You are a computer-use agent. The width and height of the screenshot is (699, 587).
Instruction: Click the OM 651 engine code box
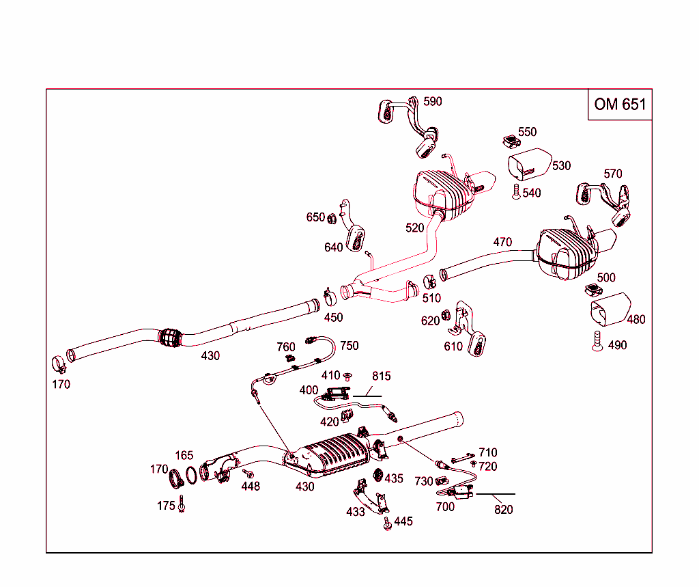point(619,104)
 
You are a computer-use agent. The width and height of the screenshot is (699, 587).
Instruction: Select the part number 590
point(432,102)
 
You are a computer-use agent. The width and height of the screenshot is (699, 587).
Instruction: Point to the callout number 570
point(612,174)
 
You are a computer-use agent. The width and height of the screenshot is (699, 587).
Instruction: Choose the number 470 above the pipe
point(502,242)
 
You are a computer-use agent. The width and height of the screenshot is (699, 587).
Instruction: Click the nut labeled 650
point(329,219)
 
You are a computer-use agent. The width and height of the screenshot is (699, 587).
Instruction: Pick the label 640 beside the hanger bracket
point(333,247)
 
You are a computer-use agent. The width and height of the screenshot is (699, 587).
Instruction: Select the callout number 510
point(431,299)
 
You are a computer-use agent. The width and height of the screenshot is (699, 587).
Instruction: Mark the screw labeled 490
point(597,340)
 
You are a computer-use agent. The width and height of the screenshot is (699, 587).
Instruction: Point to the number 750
point(349,346)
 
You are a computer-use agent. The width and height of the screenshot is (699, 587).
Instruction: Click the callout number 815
point(382,376)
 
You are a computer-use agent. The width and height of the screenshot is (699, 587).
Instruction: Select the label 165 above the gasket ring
point(184,455)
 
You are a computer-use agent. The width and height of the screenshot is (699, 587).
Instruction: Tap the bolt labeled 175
point(182,506)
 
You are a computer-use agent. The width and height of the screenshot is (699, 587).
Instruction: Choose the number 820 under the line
point(503,509)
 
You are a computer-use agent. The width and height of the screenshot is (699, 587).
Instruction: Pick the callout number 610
point(453,346)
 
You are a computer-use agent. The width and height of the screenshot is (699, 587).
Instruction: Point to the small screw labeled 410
point(347,376)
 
